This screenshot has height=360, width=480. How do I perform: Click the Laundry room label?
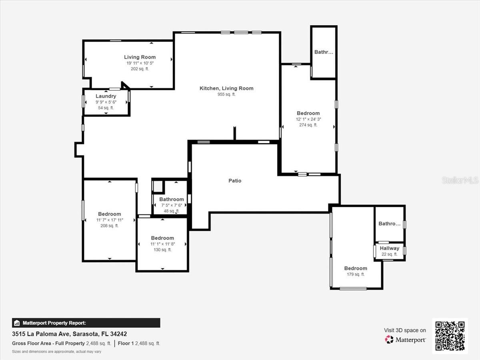pyautogui.click(x=106, y=96)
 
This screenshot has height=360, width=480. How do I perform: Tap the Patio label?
pyautogui.click(x=235, y=181)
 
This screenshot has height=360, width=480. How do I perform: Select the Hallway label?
pyautogui.click(x=390, y=248)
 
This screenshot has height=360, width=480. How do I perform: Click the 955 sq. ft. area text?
pyautogui.click(x=226, y=94)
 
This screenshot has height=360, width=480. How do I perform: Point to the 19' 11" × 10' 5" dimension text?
pyautogui.click(x=140, y=63)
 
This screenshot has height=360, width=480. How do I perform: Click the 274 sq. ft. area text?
pyautogui.click(x=308, y=125)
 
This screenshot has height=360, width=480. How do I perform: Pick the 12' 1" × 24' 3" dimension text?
pyautogui.click(x=308, y=119)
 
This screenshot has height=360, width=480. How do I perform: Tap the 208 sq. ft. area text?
pyautogui.click(x=109, y=226)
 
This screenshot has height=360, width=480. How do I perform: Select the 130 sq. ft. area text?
pyautogui.click(x=162, y=250)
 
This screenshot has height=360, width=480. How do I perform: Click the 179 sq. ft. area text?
pyautogui.click(x=356, y=274)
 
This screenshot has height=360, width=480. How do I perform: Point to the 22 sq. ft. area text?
pyautogui.click(x=390, y=254)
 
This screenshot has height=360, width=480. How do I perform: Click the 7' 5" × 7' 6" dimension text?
pyautogui.click(x=172, y=205)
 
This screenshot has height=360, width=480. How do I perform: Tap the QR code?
pyautogui.click(x=450, y=336)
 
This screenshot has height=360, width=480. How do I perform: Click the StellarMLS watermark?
pyautogui.click(x=460, y=180)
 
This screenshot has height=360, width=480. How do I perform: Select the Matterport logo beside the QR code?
pyautogui.click(x=406, y=340)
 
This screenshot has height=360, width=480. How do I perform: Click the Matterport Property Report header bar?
pyautogui.click(x=86, y=323)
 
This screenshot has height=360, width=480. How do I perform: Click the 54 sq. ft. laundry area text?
pyautogui.click(x=106, y=108)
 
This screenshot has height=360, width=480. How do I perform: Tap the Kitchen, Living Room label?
pyautogui.click(x=226, y=88)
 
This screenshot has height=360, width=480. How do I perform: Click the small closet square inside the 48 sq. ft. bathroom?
pyautogui.click(x=158, y=186)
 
